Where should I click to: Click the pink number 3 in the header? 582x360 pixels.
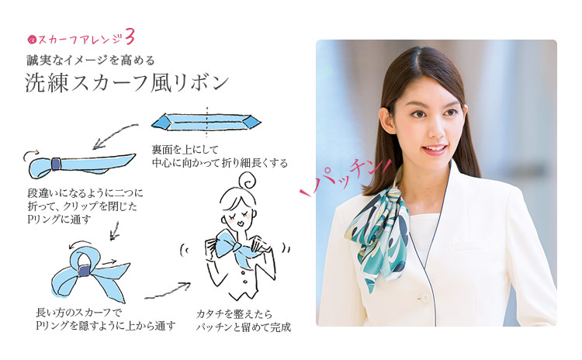point(130,36)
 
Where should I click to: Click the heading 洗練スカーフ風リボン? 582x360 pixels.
point(126,82)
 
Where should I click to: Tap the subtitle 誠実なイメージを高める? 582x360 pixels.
point(91,60)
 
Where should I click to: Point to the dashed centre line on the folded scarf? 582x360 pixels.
point(206,123)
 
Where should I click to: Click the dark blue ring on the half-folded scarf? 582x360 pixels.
point(56,164)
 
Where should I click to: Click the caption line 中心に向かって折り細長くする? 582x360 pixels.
point(220,163)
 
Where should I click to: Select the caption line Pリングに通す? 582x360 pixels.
point(59,220)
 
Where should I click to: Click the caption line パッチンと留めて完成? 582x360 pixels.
point(244,327)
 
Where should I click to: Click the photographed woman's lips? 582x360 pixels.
point(434,150)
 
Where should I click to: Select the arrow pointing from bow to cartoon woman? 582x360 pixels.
point(168,291)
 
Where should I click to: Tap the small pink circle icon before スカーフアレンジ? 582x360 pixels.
point(31,39)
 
